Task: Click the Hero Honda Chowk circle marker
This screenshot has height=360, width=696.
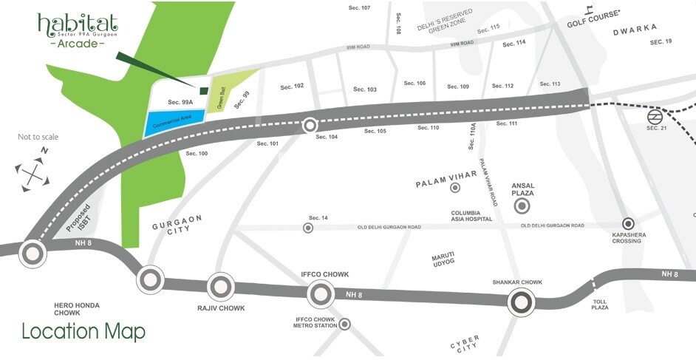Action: [x=32, y=253]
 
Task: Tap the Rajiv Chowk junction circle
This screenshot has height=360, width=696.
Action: [x=220, y=287]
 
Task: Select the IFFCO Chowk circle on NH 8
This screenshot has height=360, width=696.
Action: [x=321, y=295]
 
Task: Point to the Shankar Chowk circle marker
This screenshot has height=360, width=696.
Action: [x=522, y=302]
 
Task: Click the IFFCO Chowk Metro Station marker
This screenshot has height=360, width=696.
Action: [x=344, y=324]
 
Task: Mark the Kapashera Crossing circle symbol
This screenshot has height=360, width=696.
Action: [x=628, y=223]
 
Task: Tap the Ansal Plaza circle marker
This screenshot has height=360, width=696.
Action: [x=522, y=206]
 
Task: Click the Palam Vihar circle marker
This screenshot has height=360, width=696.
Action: [x=455, y=188]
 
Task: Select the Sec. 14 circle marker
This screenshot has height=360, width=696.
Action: [x=308, y=228]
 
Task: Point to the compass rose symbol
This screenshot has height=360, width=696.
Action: [x=32, y=174]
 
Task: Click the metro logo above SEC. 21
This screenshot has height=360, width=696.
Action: [x=654, y=117]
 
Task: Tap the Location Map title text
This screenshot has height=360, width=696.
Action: [x=83, y=331]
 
